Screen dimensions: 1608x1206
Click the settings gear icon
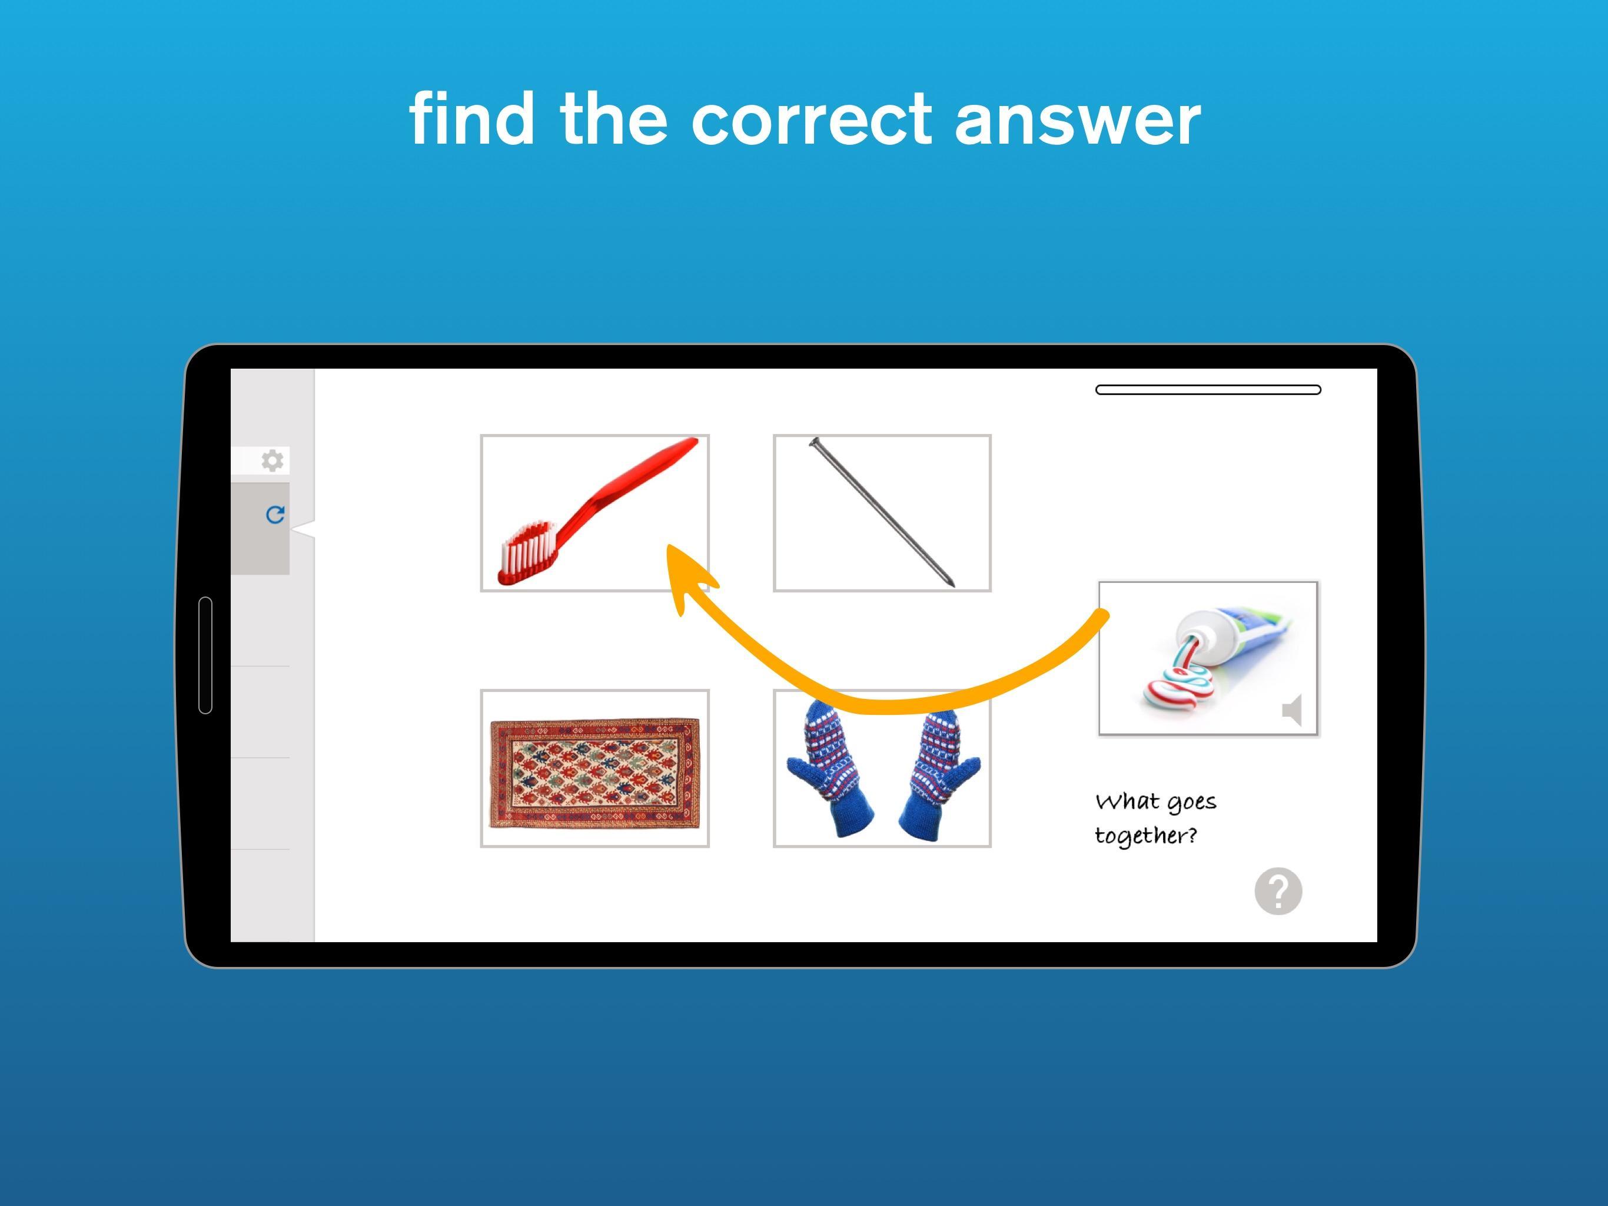tap(273, 460)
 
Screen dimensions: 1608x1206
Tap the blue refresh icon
tap(275, 515)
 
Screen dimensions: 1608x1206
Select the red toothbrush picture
tap(594, 513)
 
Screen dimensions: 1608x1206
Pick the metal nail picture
tap(882, 513)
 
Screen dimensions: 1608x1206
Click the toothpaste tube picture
tap(1208, 659)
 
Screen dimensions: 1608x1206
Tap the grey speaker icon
tap(1292, 710)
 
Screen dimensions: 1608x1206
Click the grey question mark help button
tap(1278, 891)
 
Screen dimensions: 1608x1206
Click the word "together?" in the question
tap(1145, 836)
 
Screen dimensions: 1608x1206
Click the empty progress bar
tap(1208, 390)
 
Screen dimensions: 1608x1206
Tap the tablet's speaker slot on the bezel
tap(205, 655)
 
